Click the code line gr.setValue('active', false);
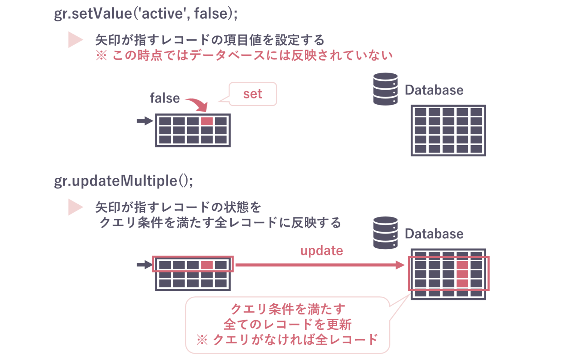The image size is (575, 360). pos(146,14)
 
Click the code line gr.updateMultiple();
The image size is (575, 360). pos(124,181)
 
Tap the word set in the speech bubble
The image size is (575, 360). pos(253,94)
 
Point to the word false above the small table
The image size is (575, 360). pos(165,98)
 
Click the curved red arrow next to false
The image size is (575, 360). pos(198,104)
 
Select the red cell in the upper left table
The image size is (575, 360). pos(207,121)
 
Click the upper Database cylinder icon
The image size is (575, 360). pos(385,89)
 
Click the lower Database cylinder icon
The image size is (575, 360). pos(385,233)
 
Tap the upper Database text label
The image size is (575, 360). pos(434,90)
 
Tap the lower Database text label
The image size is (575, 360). pos(434,234)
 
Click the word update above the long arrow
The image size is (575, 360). pos(322,251)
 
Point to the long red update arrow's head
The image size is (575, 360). pos(400,265)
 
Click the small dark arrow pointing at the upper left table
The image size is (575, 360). pos(144,121)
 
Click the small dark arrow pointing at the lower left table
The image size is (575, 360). pos(144,265)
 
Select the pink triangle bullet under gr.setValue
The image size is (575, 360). pos(74,40)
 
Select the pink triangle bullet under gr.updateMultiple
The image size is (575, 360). pos(74,207)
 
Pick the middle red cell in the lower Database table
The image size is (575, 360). pos(462,274)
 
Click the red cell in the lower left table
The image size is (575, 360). pos(207,265)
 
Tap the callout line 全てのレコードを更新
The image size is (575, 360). pos(287,324)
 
